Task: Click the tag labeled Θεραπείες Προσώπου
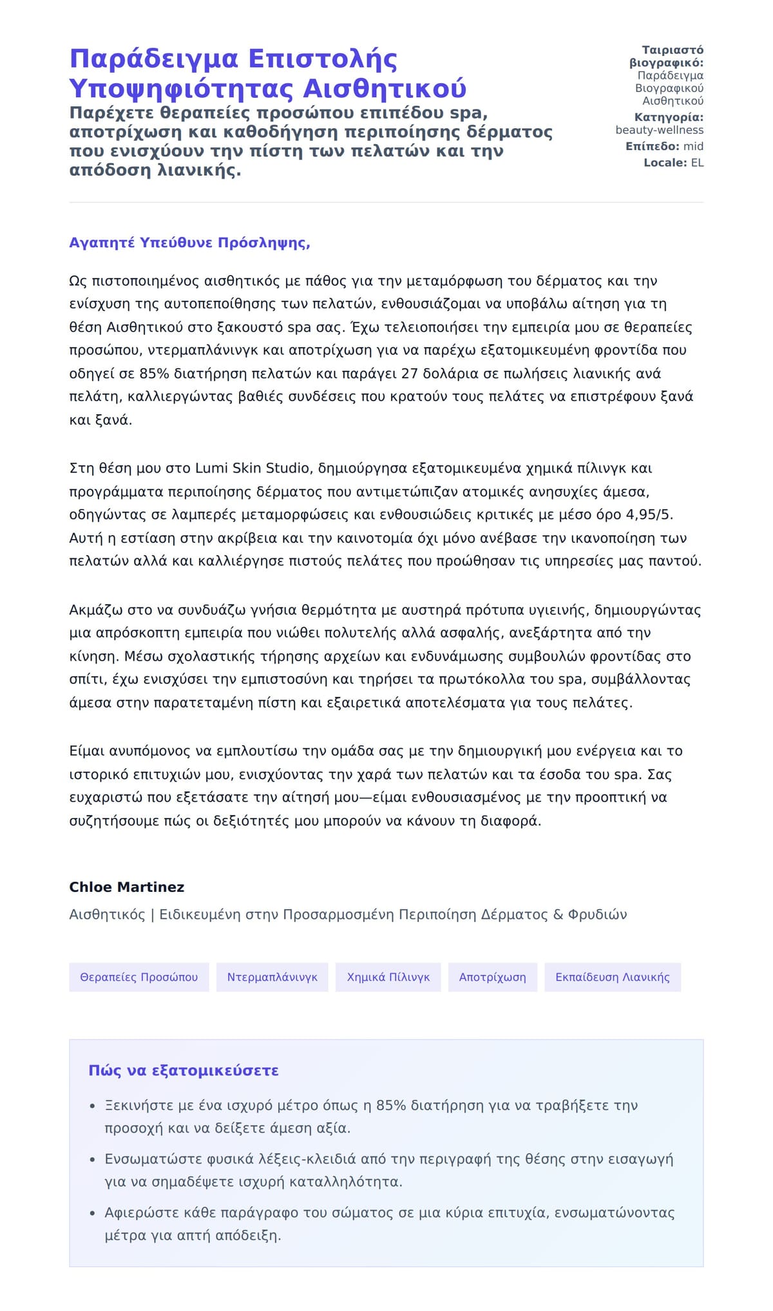(138, 977)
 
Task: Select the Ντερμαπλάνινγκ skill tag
(272, 977)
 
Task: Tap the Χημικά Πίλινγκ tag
(388, 977)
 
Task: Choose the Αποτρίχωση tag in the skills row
(492, 977)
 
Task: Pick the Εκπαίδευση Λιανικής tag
(612, 977)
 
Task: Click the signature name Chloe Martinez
(126, 887)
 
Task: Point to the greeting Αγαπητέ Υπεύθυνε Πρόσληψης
(189, 243)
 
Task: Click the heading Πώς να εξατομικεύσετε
(184, 1070)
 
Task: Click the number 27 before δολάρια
(410, 373)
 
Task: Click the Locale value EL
(697, 163)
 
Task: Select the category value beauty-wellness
(659, 130)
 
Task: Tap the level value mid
(693, 146)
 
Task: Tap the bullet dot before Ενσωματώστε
(93, 1160)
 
